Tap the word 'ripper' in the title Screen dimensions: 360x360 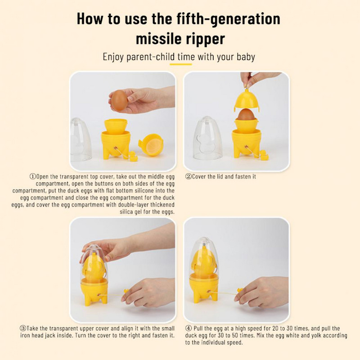click(206, 40)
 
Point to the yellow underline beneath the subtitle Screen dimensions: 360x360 click(181, 64)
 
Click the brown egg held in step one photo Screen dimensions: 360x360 click(119, 100)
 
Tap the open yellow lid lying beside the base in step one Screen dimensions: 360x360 click(151, 145)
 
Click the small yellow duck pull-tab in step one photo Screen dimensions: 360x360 click(133, 156)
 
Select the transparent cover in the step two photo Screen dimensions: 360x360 click(207, 138)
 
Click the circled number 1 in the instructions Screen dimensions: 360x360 click(33, 176)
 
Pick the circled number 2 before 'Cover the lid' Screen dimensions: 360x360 click(188, 176)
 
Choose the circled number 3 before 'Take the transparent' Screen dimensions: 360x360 click(23, 328)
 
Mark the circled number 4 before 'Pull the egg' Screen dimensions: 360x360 click(188, 328)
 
